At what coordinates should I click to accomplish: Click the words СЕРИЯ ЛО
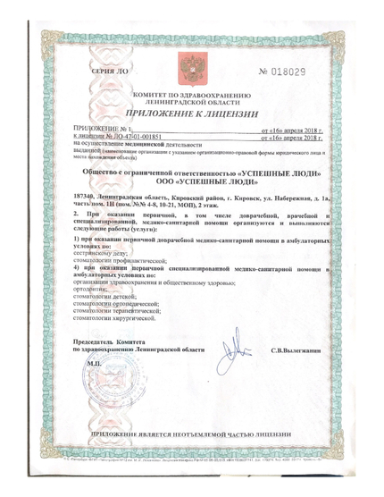(x=109, y=70)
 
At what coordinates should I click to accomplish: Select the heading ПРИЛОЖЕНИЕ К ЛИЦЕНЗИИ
(x=191, y=115)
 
